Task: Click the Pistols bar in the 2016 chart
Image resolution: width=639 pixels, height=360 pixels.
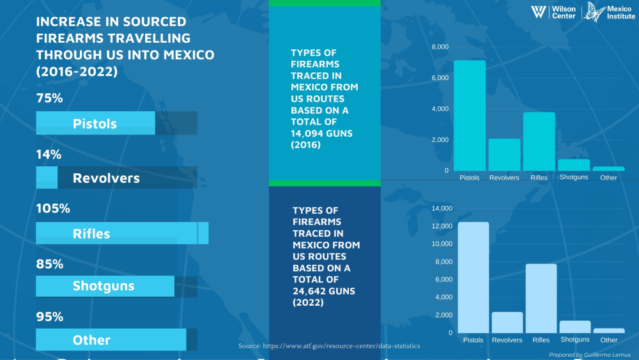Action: [470, 115]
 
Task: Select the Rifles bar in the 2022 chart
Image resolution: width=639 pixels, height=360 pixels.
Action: [541, 298]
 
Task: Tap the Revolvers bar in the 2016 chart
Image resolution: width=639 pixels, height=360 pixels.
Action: [504, 154]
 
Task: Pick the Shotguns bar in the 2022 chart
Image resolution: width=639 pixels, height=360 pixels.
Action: [575, 326]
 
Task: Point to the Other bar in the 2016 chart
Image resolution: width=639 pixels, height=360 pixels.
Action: [608, 168]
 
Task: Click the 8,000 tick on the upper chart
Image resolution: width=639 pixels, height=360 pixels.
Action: [440, 47]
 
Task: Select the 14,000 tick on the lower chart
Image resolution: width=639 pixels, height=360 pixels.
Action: [442, 208]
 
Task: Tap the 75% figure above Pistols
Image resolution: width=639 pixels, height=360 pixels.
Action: [49, 98]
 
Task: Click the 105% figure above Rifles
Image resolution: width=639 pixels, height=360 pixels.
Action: [53, 208]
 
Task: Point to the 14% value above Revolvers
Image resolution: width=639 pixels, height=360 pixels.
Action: [49, 154]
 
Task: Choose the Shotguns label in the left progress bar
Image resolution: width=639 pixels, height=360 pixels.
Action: [104, 286]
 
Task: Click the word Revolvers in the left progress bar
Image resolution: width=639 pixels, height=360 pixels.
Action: [106, 178]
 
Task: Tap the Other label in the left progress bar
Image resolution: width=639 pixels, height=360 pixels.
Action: [91, 340]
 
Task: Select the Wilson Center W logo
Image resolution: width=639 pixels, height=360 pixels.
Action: [539, 12]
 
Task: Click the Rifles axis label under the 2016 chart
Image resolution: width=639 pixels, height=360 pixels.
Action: [539, 178]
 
